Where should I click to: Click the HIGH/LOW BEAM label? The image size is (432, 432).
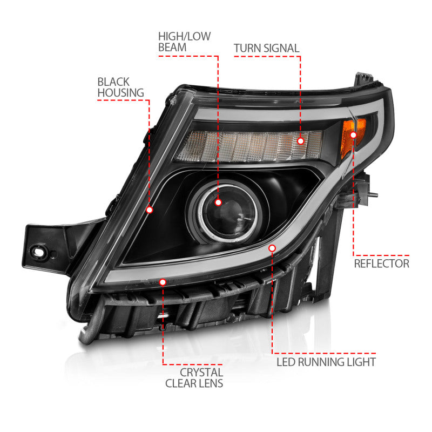(x=184, y=42)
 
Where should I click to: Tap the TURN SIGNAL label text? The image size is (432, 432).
(x=266, y=48)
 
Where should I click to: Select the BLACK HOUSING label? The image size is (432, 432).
(x=113, y=87)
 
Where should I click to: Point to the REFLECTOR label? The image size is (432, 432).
(x=381, y=264)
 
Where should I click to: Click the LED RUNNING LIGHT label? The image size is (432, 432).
(x=326, y=361)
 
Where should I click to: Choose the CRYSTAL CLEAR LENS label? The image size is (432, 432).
(x=201, y=378)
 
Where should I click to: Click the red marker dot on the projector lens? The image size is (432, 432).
(x=218, y=202)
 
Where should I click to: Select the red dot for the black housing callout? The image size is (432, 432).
(x=150, y=210)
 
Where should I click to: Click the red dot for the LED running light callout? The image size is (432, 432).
(x=272, y=248)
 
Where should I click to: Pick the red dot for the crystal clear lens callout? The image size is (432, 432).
(x=163, y=281)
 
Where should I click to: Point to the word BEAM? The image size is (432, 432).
(x=172, y=48)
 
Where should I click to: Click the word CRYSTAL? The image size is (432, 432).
(x=201, y=372)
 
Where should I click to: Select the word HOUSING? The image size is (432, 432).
(x=113, y=93)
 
